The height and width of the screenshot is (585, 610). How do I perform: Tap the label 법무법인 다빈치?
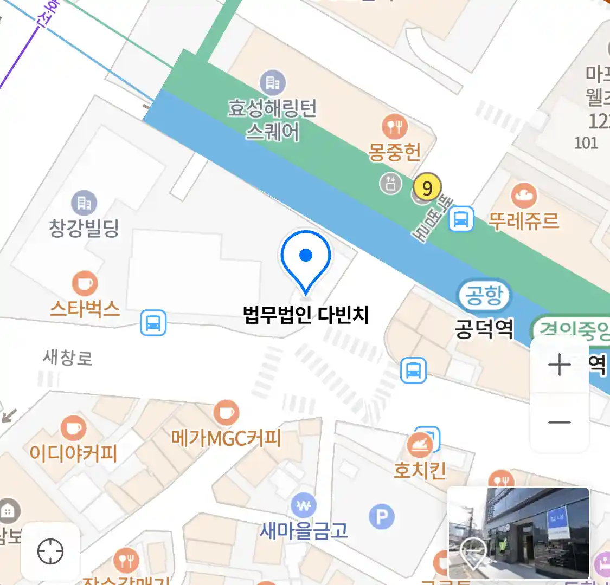[306, 315]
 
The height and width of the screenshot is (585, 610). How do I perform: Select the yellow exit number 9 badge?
[427, 188]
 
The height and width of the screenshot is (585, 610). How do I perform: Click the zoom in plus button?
[560, 365]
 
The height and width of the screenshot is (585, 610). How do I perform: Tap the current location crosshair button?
[50, 552]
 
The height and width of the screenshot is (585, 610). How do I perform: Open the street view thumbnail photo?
[518, 533]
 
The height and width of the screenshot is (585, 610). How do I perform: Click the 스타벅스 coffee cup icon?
[85, 284]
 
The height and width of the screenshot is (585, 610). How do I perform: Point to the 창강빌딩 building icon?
[84, 203]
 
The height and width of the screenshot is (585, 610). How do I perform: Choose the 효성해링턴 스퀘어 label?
[272, 119]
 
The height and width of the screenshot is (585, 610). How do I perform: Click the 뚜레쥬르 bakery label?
[523, 221]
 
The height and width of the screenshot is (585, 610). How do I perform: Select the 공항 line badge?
[484, 295]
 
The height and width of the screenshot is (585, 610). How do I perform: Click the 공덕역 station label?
[484, 328]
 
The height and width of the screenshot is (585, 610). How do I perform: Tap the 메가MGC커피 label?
[226, 438]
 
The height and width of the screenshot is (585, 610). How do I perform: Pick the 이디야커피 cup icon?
[73, 428]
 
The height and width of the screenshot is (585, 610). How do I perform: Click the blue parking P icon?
[382, 517]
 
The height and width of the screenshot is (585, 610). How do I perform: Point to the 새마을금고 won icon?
[304, 506]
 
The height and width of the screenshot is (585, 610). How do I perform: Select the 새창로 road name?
[68, 357]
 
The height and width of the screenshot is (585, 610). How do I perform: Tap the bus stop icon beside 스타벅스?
[153, 323]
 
